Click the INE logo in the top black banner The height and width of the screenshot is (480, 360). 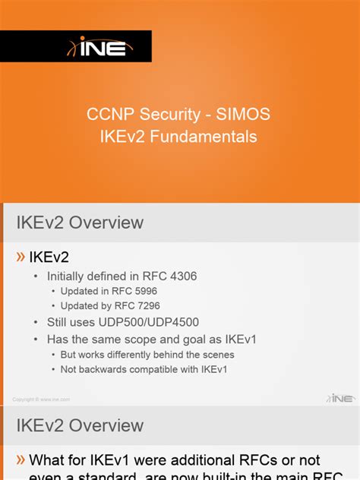click(101, 47)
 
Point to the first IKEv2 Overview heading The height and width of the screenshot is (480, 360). click(80, 223)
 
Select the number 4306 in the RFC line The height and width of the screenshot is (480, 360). click(182, 276)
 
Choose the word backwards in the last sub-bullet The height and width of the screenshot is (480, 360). click(105, 369)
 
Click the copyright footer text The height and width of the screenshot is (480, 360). click(41, 399)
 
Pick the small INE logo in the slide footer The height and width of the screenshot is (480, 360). click(341, 398)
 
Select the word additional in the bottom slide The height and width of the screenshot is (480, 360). click(198, 459)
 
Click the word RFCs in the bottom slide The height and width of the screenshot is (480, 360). click(264, 459)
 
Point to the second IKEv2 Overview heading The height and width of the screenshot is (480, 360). click(80, 425)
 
